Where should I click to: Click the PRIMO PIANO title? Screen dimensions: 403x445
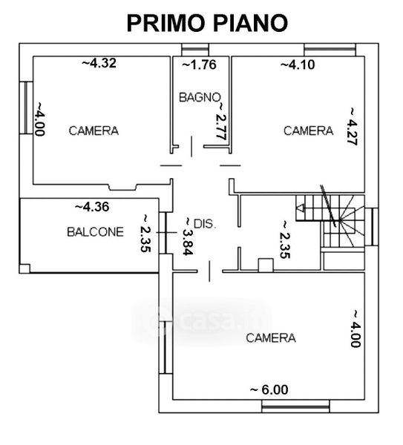click(x=207, y=23)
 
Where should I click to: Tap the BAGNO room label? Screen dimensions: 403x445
click(x=200, y=97)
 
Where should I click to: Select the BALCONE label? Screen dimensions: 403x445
click(x=96, y=232)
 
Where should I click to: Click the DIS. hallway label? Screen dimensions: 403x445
click(x=205, y=224)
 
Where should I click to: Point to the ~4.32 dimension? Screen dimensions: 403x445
click(x=99, y=63)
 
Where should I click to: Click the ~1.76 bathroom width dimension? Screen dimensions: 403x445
click(x=200, y=65)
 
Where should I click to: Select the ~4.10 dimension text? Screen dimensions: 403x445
click(x=298, y=65)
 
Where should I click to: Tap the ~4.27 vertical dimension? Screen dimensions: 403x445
click(x=353, y=126)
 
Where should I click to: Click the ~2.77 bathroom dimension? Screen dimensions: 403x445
click(x=221, y=121)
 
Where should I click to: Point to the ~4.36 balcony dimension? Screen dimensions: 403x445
click(x=92, y=207)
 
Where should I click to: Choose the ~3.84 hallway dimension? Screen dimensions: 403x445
click(x=188, y=237)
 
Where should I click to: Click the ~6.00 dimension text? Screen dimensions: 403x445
click(x=269, y=389)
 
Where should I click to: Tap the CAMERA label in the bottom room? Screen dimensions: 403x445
click(x=271, y=337)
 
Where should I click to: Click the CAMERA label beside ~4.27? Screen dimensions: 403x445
click(x=309, y=131)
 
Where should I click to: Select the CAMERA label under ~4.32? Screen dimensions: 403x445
click(x=94, y=131)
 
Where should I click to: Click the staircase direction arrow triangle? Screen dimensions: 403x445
click(x=300, y=208)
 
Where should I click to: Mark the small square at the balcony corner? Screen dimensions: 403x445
click(x=24, y=268)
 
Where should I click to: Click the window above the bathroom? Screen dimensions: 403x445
click(x=195, y=50)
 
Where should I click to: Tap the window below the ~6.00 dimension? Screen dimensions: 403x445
click(x=295, y=406)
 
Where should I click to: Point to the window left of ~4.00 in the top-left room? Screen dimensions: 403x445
click(x=26, y=108)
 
